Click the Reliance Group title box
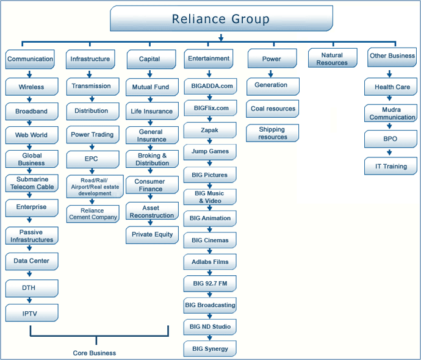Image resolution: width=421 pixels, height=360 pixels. coord(221,19)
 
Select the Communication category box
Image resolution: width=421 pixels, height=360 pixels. coord(30,59)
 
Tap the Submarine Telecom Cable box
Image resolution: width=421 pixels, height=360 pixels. coord(32,183)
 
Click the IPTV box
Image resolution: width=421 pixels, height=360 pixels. coord(32,312)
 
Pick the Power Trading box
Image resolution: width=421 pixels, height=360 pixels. coord(92,134)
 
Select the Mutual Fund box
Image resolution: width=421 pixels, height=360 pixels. coord(151,87)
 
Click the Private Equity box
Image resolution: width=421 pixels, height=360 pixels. coord(152,234)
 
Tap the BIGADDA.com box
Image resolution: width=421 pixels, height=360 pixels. coord(209,86)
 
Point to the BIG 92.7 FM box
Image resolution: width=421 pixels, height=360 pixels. coord(209,284)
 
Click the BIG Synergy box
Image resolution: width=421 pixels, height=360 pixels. coord(210,348)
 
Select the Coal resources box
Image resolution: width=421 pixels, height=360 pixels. coord(273,109)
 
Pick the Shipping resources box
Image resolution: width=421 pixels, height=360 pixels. coord(273,133)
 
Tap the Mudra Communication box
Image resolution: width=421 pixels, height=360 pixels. coord(392,113)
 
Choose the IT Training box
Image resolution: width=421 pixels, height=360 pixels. coord(391,166)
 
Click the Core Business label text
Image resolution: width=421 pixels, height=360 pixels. coord(95,353)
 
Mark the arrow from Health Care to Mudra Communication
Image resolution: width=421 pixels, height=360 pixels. coord(390,99)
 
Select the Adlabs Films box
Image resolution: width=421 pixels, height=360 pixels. coord(209,262)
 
